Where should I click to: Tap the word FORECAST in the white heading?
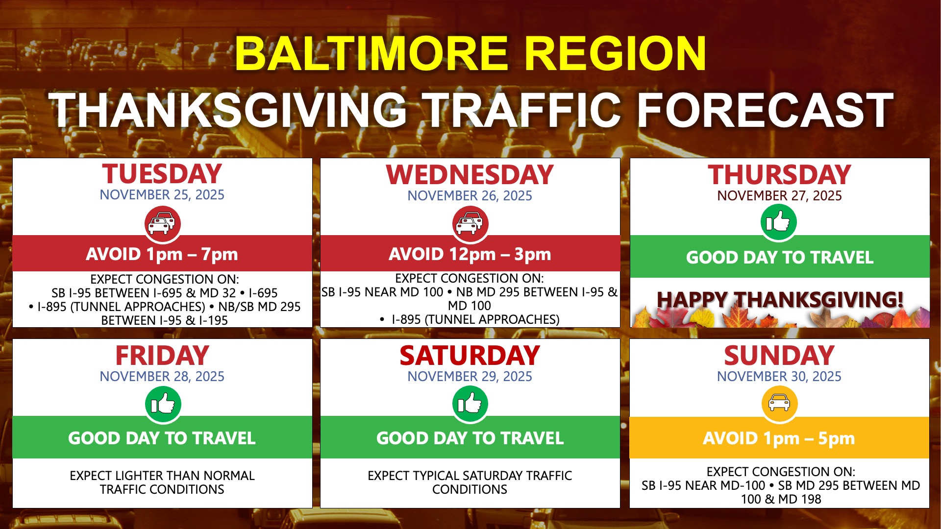click(765, 110)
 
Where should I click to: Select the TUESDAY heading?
click(162, 174)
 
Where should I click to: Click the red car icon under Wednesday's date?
click(470, 224)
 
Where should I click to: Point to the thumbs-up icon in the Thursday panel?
click(779, 222)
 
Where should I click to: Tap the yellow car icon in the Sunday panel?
click(779, 403)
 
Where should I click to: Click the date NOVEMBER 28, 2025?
click(162, 376)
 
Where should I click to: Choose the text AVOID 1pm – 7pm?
click(162, 254)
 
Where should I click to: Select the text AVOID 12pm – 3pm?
click(470, 254)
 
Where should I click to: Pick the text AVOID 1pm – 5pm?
click(779, 438)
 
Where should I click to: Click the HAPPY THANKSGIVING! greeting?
click(780, 299)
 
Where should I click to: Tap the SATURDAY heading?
click(470, 356)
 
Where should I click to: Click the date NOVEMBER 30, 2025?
click(779, 376)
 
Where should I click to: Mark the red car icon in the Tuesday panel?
click(163, 224)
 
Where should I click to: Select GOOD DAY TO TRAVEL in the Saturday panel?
click(470, 438)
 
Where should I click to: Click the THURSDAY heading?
click(780, 174)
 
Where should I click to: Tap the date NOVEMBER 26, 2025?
click(470, 195)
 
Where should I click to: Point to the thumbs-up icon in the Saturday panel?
click(470, 404)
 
